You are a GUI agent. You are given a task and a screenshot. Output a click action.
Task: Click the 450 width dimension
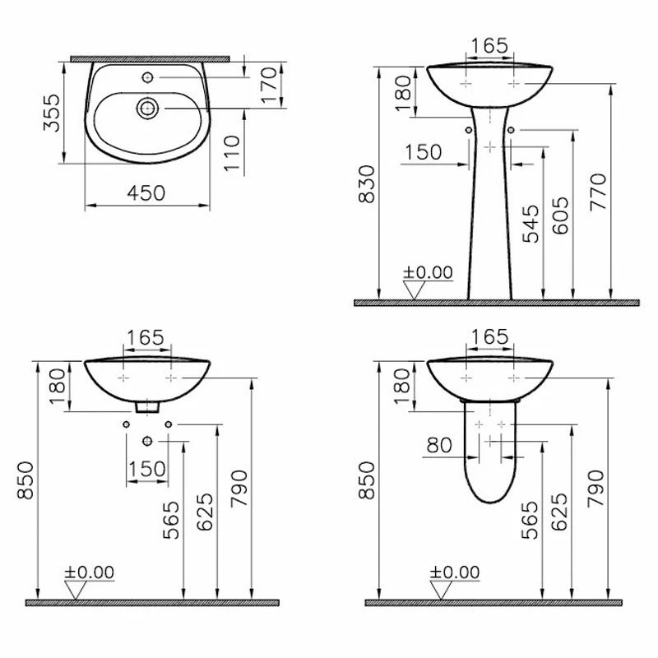tap(146, 193)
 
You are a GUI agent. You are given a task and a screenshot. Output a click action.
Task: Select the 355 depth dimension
tap(52, 113)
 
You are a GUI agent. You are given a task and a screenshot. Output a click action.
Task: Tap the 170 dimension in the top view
tap(269, 85)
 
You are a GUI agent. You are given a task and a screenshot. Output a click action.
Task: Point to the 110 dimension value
tap(232, 153)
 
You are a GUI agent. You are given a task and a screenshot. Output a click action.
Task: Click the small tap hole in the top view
tap(147, 77)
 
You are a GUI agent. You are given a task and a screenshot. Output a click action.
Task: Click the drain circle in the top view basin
tap(147, 109)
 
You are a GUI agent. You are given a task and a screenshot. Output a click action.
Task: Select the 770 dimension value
tap(598, 192)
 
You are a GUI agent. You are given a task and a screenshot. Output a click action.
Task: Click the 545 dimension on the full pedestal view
tap(531, 224)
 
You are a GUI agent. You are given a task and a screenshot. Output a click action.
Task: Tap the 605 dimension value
tap(560, 215)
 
